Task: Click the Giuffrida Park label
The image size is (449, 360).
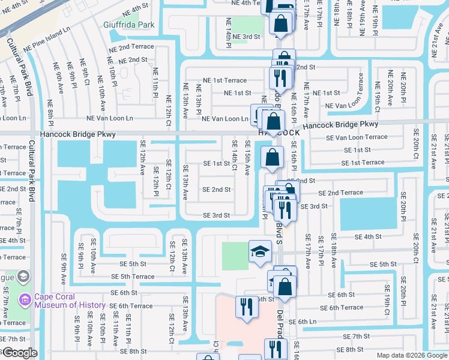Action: [129, 25]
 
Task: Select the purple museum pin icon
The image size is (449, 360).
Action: [25, 299]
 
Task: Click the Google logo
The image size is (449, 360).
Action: [19, 353]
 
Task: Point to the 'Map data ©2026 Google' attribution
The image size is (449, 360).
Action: [412, 355]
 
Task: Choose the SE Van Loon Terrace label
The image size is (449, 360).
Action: [357, 137]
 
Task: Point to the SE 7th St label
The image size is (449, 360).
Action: [353, 337]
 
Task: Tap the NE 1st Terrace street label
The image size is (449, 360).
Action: [224, 80]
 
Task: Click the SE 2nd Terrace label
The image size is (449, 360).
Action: [340, 193]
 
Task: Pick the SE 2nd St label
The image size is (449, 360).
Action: [217, 190]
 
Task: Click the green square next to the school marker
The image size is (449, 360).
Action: [235, 256]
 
